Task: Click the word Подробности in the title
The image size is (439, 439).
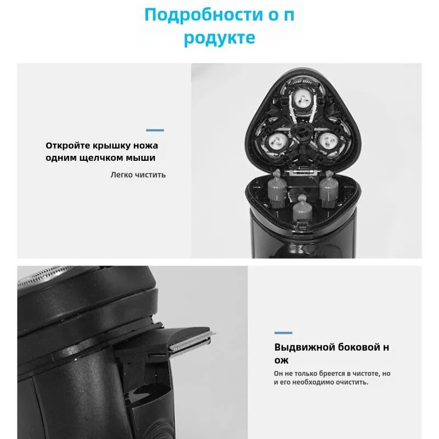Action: pyautogui.click(x=204, y=15)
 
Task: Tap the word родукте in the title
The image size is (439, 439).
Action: pyautogui.click(x=219, y=38)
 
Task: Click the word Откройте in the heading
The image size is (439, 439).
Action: pyautogui.click(x=67, y=145)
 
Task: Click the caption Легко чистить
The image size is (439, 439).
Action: pyautogui.click(x=138, y=175)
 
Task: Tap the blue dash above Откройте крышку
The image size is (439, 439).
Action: pyautogui.click(x=155, y=130)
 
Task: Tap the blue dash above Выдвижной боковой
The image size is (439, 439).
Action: pyautogui.click(x=283, y=333)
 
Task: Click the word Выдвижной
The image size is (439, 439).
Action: pyautogui.click(x=305, y=347)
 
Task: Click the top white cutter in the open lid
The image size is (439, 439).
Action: pyautogui.click(x=303, y=99)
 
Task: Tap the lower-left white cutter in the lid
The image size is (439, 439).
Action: pyautogui.click(x=278, y=142)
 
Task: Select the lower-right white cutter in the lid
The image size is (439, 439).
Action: pyautogui.click(x=328, y=141)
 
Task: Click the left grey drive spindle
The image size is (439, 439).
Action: pyautogui.click(x=277, y=188)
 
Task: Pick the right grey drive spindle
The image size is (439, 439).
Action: pyautogui.click(x=329, y=188)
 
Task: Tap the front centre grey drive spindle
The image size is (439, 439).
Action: pyautogui.click(x=302, y=210)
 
